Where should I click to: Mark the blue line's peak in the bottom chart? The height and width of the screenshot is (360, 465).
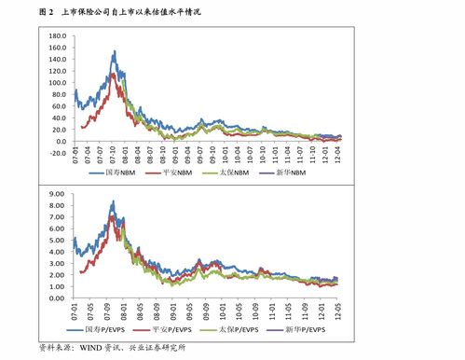pyautogui.click(x=113, y=201)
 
